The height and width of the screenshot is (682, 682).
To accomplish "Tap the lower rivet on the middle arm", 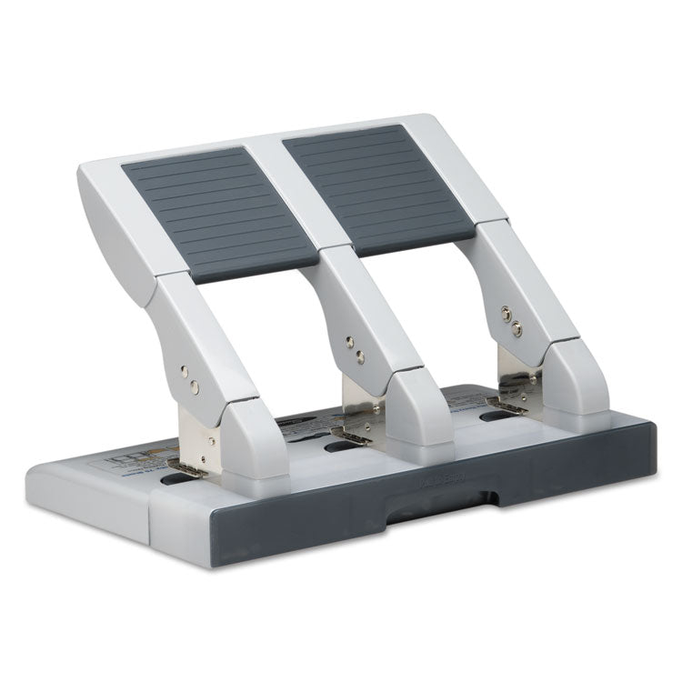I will pos(361,354).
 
